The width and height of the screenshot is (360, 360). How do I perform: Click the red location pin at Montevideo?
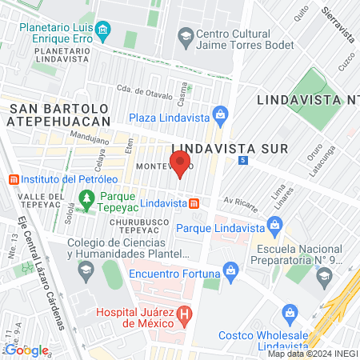tap(180, 163)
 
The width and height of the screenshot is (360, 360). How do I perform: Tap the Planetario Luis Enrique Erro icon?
tap(102, 32)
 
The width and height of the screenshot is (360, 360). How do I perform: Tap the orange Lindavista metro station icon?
tap(194, 204)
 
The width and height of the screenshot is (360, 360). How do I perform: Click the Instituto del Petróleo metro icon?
tap(12, 178)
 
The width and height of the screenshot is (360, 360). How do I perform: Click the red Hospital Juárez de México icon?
tap(186, 313)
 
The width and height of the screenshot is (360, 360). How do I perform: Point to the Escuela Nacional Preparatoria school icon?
tap(324, 276)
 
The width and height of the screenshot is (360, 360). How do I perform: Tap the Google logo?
tap(26, 350)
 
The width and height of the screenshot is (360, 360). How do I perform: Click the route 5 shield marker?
tap(243, 160)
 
